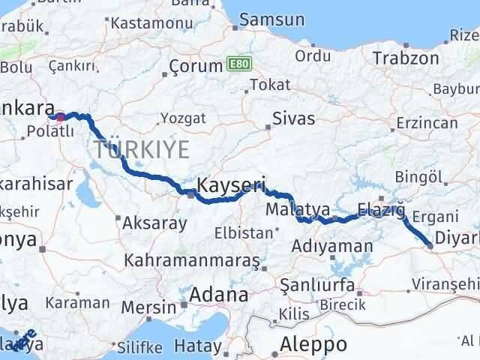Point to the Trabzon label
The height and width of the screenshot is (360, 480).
tap(406, 58)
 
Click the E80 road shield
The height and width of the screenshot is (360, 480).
tap(236, 65)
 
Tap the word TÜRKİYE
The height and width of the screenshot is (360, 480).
tap(142, 150)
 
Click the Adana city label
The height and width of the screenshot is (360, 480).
tap(218, 295)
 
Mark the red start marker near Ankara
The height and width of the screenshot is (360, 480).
tap(60, 117)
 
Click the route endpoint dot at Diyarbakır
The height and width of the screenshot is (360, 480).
tap(429, 244)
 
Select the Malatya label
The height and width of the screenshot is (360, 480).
tap(298, 210)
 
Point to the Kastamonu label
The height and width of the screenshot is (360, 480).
tap(146, 23)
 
